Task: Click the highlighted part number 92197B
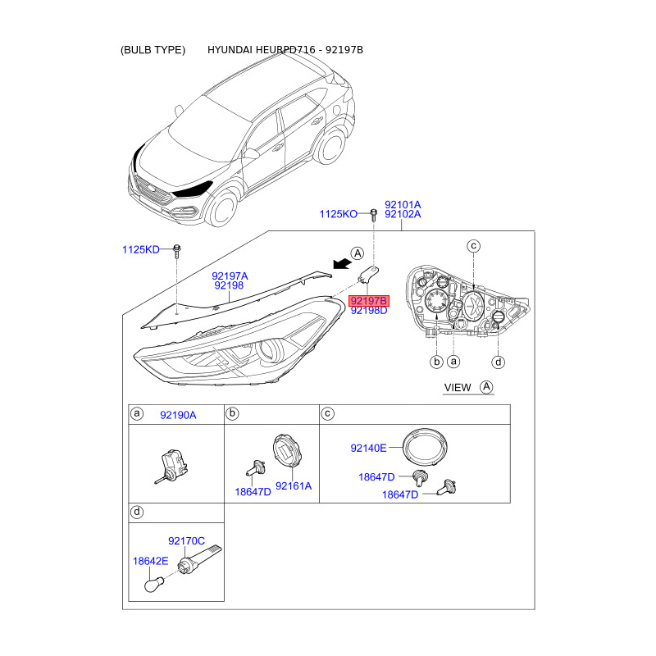pyautogui.click(x=369, y=301)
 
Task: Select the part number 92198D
pyautogui.click(x=369, y=312)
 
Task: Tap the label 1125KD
pyautogui.click(x=140, y=248)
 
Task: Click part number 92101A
pyautogui.click(x=403, y=204)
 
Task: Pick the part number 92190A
pyautogui.click(x=178, y=415)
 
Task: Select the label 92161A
pyautogui.click(x=293, y=485)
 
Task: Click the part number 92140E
pyautogui.click(x=368, y=448)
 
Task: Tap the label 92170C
pyautogui.click(x=186, y=541)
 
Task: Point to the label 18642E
pyautogui.click(x=150, y=561)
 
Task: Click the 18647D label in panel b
pyautogui.click(x=253, y=491)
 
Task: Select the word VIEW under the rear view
pyautogui.click(x=458, y=387)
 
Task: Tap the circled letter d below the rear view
pyautogui.click(x=497, y=362)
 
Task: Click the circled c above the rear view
pyautogui.click(x=473, y=246)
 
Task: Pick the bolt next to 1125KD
pyautogui.click(x=175, y=249)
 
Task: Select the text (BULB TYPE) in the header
pyautogui.click(x=153, y=50)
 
